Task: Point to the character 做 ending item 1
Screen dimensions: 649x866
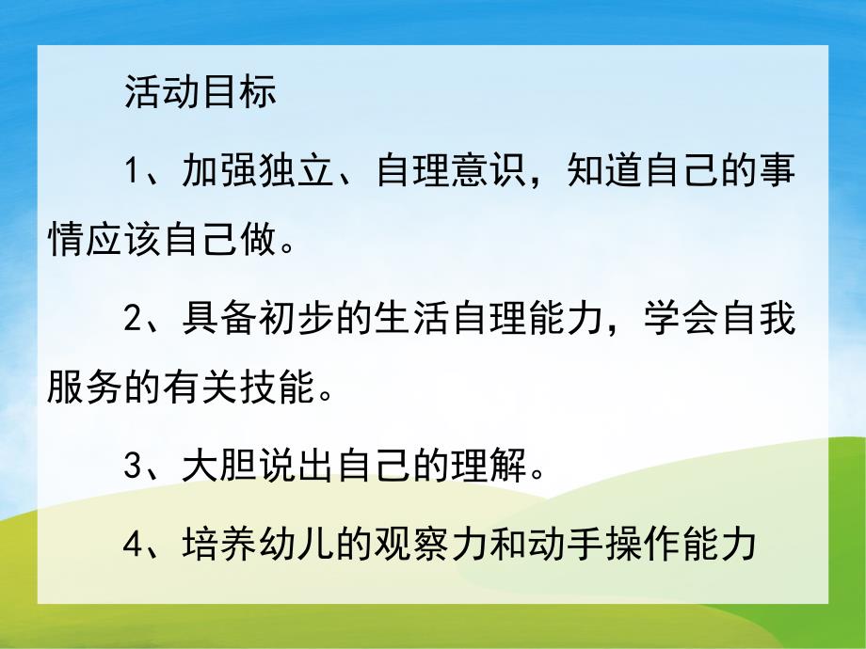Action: pyautogui.click(x=260, y=242)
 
